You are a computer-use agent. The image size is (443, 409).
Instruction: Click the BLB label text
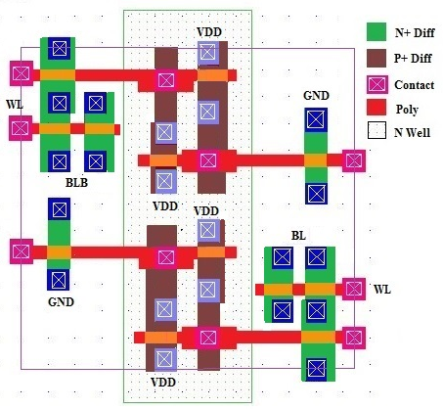pyautogui.click(x=76, y=183)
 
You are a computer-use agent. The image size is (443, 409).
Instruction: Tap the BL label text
pyautogui.click(x=298, y=236)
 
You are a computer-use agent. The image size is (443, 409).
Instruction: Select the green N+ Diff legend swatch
pyautogui.click(x=377, y=31)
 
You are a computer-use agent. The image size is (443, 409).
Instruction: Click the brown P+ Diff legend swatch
pyautogui.click(x=377, y=59)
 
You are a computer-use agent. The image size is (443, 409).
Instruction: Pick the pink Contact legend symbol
pyautogui.click(x=377, y=85)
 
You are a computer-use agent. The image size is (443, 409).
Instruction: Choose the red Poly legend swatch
pyautogui.click(x=377, y=108)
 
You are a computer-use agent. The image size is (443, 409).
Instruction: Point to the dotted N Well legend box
pyautogui.click(x=377, y=130)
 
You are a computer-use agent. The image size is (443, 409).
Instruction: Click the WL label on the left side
pyautogui.click(x=15, y=105)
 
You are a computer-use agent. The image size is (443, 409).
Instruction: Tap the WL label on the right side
pyautogui.click(x=381, y=290)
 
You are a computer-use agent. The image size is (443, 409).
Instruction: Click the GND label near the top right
pyautogui.click(x=316, y=96)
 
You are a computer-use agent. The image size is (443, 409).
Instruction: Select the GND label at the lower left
pyautogui.click(x=61, y=302)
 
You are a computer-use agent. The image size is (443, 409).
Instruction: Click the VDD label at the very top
pyautogui.click(x=209, y=32)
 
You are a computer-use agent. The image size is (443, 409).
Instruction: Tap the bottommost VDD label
pyautogui.click(x=163, y=383)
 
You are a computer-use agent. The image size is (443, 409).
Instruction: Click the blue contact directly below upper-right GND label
pyautogui.click(x=316, y=119)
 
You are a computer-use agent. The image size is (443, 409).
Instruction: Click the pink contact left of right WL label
pyautogui.click(x=354, y=289)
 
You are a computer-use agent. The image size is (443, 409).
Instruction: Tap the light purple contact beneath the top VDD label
pyautogui.click(x=207, y=53)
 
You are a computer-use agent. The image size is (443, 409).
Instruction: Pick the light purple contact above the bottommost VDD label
pyautogui.click(x=164, y=359)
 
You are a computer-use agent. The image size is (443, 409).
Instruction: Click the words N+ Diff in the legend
pyautogui.click(x=415, y=32)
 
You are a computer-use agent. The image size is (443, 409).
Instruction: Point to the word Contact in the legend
pyautogui.click(x=415, y=85)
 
